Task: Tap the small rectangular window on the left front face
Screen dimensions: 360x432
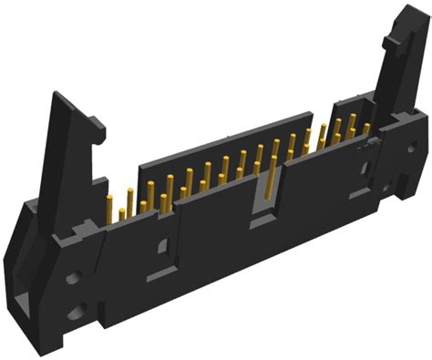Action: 162,246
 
